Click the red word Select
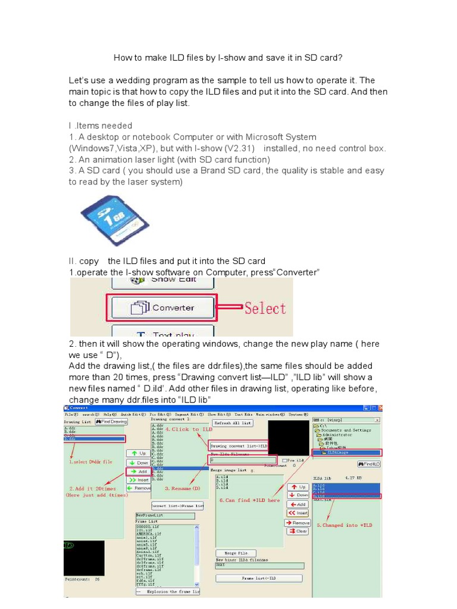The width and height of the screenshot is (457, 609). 265,308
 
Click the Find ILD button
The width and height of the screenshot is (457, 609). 369,463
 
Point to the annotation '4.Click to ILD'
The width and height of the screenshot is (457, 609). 189,429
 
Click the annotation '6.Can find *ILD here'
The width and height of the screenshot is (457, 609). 249,500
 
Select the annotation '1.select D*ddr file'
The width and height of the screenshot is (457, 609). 90,462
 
